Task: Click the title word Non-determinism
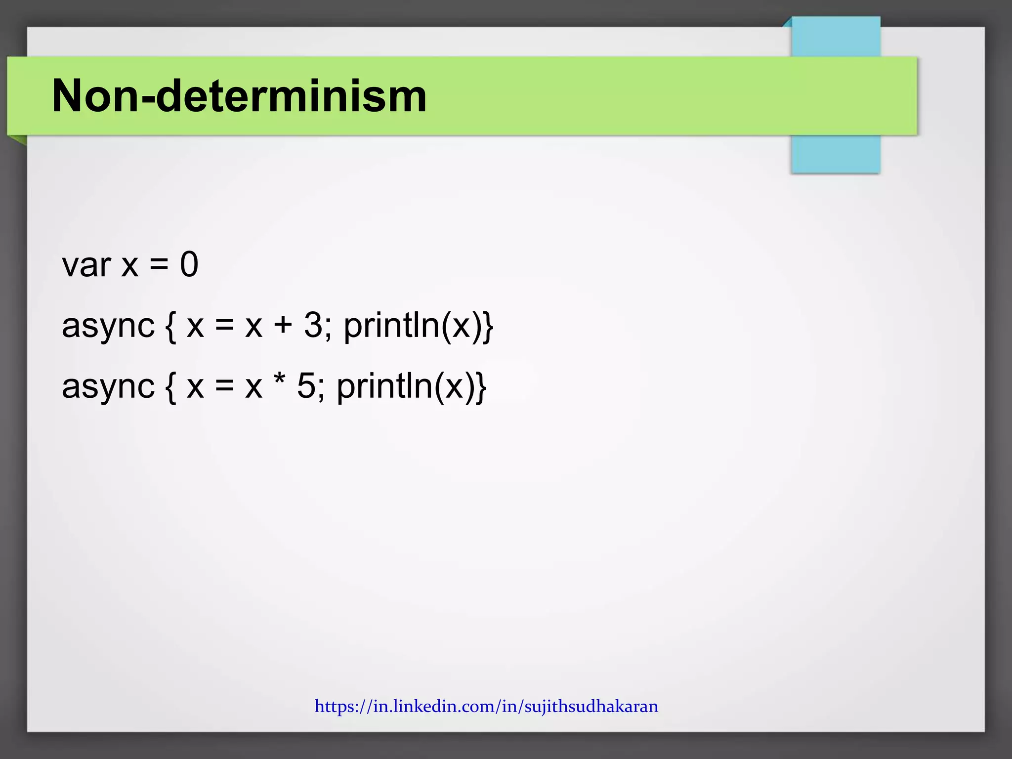[x=239, y=96]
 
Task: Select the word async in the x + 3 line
[x=108, y=326]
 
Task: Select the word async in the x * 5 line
[x=108, y=386]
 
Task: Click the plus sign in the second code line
[x=283, y=326]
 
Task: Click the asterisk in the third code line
[x=279, y=381]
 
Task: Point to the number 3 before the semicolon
[x=313, y=326]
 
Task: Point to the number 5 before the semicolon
[x=306, y=386]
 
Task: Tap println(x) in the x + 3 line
[x=412, y=326]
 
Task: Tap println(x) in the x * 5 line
[x=405, y=386]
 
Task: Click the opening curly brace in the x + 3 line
[x=170, y=327]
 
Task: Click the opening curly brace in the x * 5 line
[x=170, y=387]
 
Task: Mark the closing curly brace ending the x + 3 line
[x=488, y=327]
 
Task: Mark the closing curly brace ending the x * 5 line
[x=481, y=387]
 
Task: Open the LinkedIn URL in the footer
[x=486, y=706]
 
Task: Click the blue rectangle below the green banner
[x=835, y=154]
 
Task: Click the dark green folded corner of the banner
[x=20, y=140]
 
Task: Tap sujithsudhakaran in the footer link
[x=591, y=706]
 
